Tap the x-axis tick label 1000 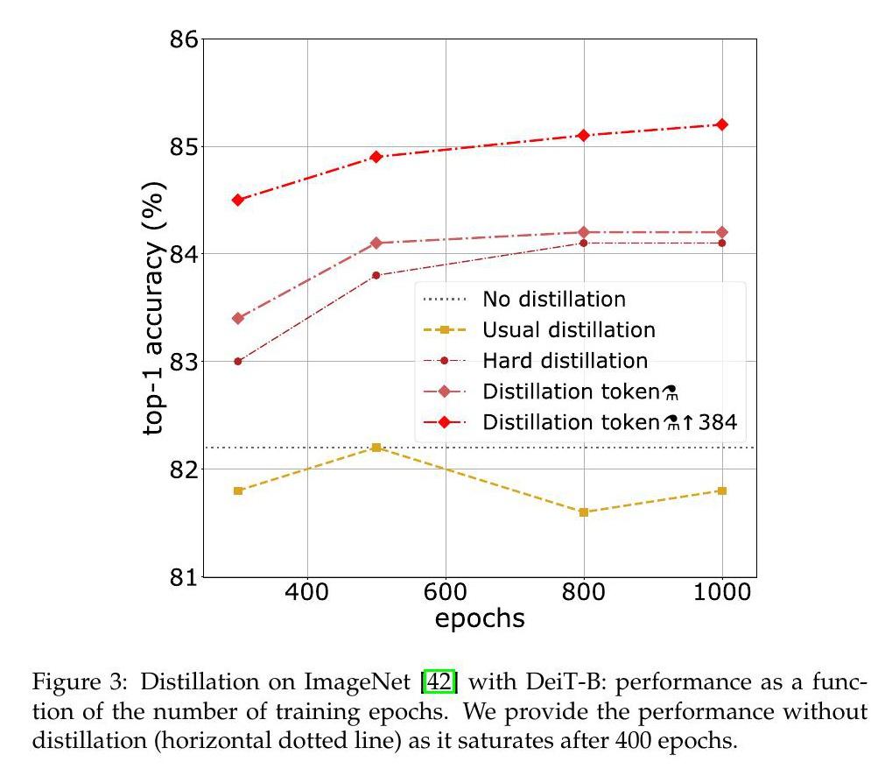tap(721, 592)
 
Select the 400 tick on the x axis tap(306, 592)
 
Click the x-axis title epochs tap(480, 618)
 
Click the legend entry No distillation tap(554, 299)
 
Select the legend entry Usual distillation tap(568, 329)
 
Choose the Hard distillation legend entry tap(565, 360)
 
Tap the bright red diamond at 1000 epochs tap(722, 124)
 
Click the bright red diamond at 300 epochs tap(237, 200)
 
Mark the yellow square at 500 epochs tap(376, 448)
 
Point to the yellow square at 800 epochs tap(584, 512)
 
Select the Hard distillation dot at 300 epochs tap(237, 361)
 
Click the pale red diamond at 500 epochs tap(376, 243)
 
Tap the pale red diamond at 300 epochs tap(237, 318)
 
